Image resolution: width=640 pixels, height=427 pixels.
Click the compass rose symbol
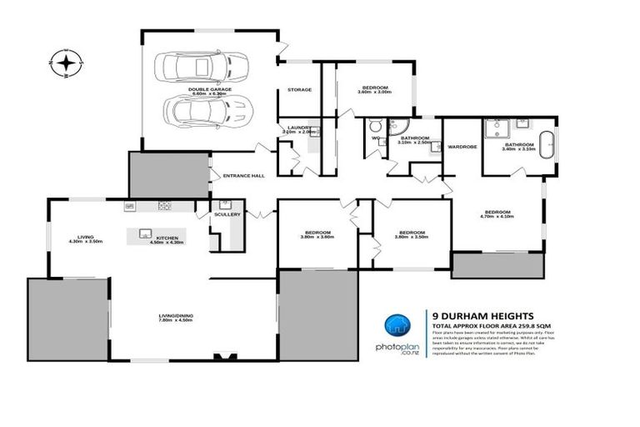pyautogui.click(x=65, y=63)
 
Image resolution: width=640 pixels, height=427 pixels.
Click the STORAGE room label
pyautogui.click(x=299, y=89)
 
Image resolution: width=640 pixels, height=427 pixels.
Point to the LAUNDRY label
pyautogui.click(x=295, y=127)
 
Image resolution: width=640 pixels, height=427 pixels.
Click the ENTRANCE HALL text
pyautogui.click(x=243, y=175)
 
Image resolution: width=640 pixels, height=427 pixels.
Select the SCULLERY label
pyautogui.click(x=227, y=214)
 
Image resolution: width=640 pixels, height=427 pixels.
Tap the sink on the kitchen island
pyautogui.click(x=144, y=234)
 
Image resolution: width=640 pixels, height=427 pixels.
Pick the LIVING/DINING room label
pyautogui.click(x=176, y=315)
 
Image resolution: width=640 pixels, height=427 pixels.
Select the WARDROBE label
pyautogui.click(x=462, y=147)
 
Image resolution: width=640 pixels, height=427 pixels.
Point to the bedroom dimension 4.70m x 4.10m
pyautogui.click(x=497, y=216)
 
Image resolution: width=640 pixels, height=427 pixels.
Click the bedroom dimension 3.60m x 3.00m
pyautogui.click(x=374, y=92)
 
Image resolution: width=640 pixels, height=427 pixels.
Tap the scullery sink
pyautogui.click(x=225, y=204)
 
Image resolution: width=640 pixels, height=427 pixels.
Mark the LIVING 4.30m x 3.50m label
pyautogui.click(x=85, y=241)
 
